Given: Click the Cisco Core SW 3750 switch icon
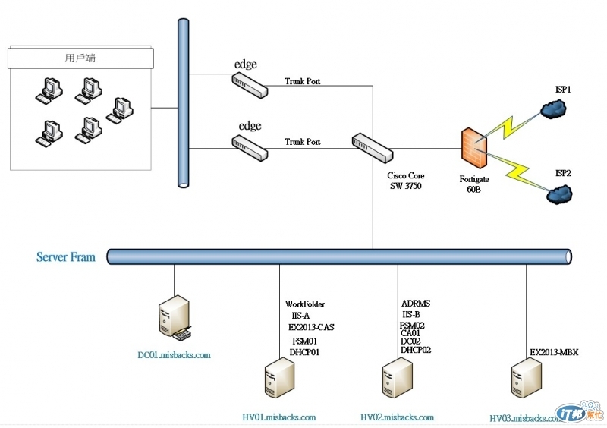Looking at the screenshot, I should coord(370,146).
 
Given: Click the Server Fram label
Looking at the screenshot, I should coord(66,257).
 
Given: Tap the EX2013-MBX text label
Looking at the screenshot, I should coord(554,352).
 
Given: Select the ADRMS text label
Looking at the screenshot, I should coord(416,304).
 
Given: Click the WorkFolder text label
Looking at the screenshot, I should coord(305,304).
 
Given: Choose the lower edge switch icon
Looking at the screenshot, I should coord(250,147).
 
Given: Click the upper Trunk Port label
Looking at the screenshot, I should coord(303,81).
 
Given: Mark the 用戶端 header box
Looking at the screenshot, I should coord(80,58).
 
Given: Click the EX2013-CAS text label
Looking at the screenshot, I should coord(311,327).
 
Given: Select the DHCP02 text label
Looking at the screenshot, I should coord(415,350).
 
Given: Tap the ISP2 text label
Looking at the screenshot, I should coord(562,173).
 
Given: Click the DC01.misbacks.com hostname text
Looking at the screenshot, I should coord(174,354).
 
